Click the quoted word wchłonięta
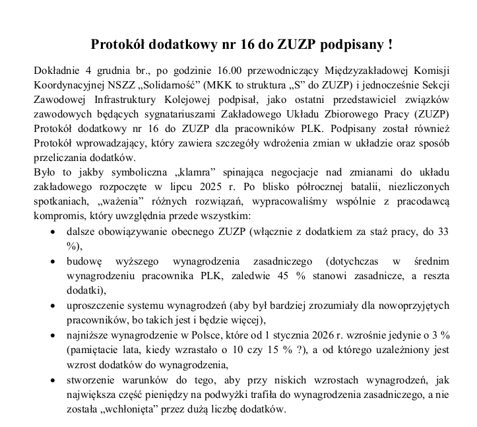pos(146,409)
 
